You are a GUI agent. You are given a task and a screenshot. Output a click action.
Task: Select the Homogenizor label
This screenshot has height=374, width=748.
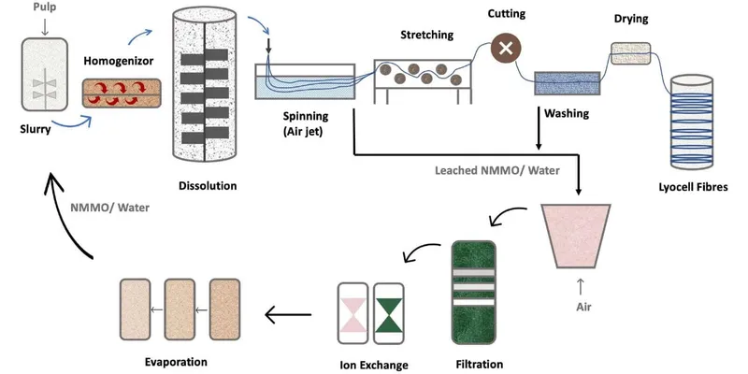[x=120, y=62]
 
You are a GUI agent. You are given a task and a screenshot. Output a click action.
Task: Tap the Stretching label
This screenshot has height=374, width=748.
[x=426, y=36]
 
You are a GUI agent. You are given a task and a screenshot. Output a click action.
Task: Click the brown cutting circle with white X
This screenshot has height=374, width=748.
[x=506, y=50]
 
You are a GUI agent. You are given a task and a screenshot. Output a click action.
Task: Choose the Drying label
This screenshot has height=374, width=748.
[x=630, y=19]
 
